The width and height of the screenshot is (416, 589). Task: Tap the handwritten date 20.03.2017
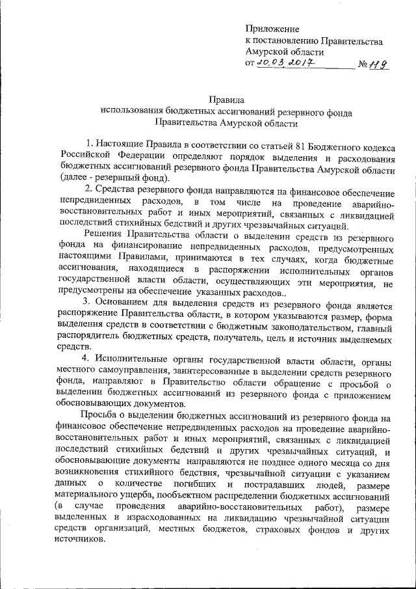(285, 63)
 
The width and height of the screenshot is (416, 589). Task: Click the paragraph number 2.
(88, 190)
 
